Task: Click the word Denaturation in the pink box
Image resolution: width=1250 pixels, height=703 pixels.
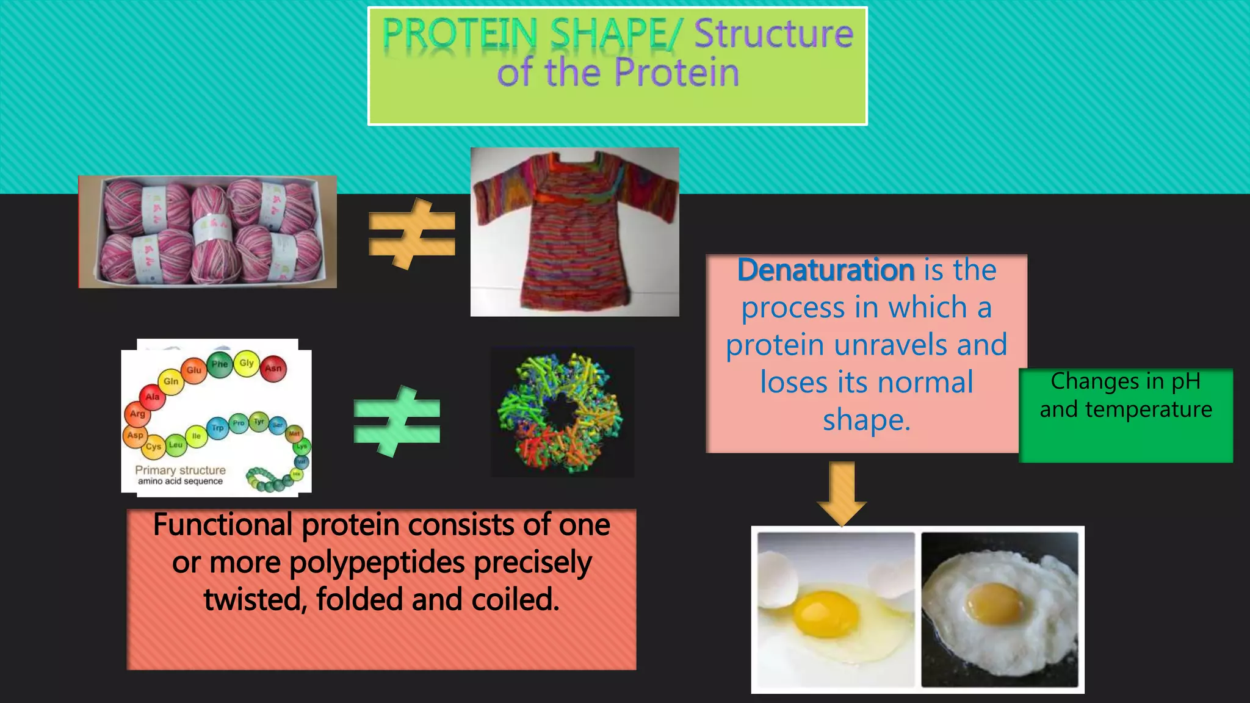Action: coord(825,270)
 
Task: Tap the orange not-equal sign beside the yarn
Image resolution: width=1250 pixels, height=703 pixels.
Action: coord(412,234)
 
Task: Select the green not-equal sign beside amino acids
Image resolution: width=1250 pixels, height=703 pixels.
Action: coord(397,421)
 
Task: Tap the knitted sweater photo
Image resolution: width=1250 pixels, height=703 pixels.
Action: coord(574,232)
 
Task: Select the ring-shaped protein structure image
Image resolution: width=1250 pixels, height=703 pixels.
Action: coord(562,412)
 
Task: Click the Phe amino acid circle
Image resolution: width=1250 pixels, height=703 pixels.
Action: coord(219,364)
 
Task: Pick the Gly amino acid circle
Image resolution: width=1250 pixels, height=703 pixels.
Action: coord(247,362)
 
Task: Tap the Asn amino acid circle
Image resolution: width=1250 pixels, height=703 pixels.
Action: coord(273,368)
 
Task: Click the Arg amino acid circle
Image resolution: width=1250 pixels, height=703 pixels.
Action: coord(137,414)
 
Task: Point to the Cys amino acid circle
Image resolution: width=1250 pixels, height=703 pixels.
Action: coord(153,447)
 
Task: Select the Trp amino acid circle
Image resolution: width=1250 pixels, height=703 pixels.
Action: coord(218,428)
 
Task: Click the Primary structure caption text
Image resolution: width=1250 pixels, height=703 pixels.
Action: coord(180,470)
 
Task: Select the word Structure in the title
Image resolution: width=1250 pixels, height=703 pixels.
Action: coord(773,34)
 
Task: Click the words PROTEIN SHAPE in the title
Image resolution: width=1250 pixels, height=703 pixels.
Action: coord(525,34)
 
